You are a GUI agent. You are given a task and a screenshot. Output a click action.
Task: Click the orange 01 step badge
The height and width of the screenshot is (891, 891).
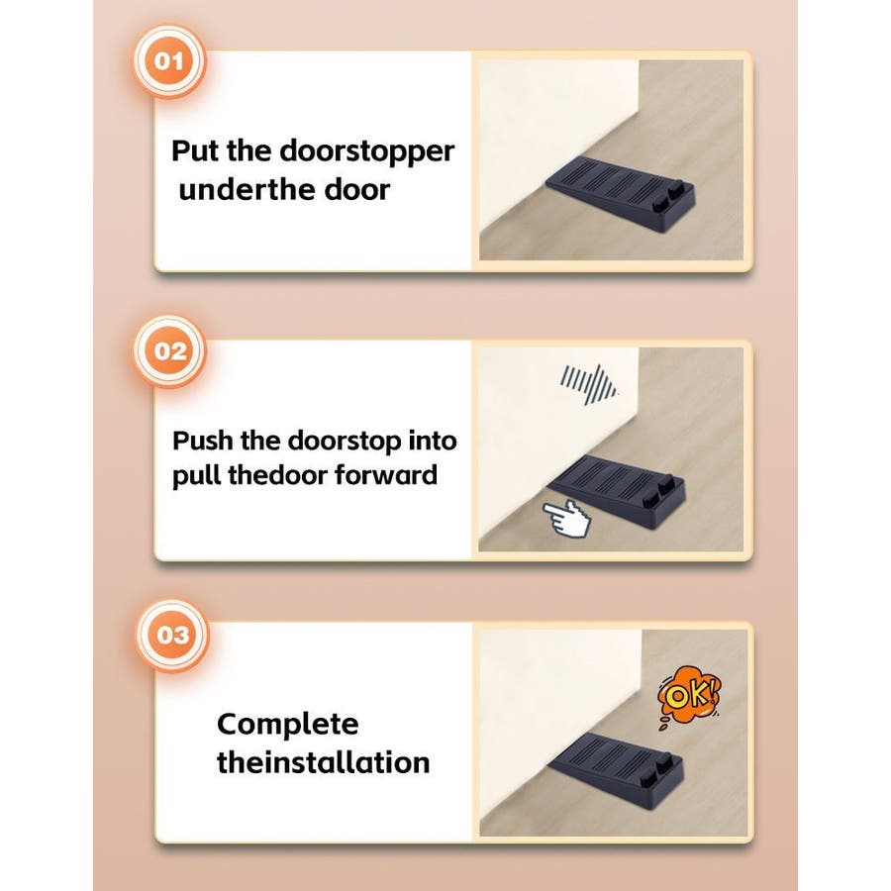click(x=168, y=60)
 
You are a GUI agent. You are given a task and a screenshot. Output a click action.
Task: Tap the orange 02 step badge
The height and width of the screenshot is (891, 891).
click(x=169, y=351)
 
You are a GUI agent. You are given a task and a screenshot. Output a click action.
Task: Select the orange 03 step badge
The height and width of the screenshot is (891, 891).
click(x=172, y=635)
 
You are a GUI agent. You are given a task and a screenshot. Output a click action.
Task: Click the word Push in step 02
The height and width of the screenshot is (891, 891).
click(x=201, y=441)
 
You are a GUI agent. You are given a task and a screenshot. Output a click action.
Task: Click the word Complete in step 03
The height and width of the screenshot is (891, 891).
click(x=287, y=725)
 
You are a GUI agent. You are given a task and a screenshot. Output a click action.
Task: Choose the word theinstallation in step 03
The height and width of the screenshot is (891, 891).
click(x=324, y=762)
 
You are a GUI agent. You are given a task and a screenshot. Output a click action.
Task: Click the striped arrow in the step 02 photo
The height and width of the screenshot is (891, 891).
click(x=588, y=384)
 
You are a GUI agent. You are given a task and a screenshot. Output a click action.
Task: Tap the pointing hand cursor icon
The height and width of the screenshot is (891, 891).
click(x=567, y=518)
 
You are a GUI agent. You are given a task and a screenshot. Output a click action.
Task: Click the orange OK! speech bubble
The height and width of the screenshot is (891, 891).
click(x=689, y=696)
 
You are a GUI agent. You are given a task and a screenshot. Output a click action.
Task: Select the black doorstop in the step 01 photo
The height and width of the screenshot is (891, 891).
click(x=620, y=194)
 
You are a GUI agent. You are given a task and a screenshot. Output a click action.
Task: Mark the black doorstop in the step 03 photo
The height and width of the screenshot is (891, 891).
click(x=615, y=769)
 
